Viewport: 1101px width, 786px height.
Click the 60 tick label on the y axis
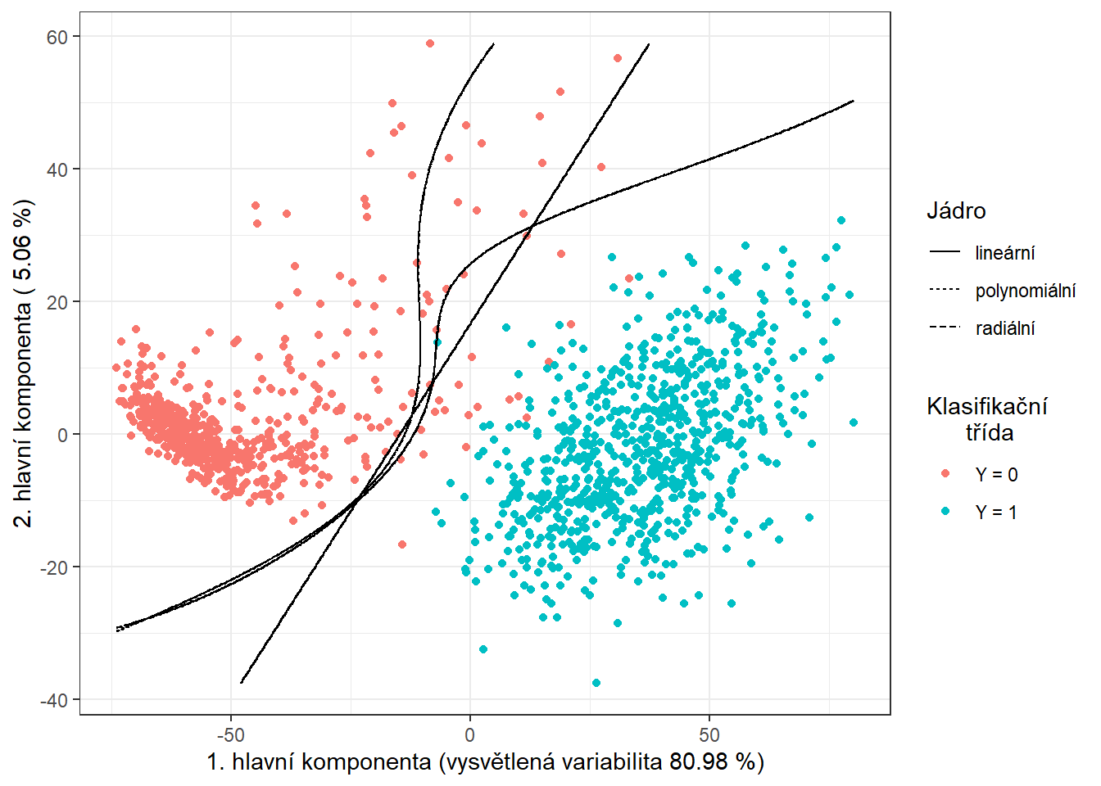(x=57, y=37)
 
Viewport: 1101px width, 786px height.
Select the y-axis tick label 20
(x=57, y=302)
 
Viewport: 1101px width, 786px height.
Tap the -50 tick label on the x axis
(x=231, y=734)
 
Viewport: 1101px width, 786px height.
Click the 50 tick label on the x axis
(x=709, y=734)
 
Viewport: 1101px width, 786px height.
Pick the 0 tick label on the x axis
(x=470, y=734)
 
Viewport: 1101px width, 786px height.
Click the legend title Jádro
(x=956, y=211)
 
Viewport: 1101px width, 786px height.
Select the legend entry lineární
(x=1004, y=253)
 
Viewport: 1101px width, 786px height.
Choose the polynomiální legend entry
(x=1025, y=291)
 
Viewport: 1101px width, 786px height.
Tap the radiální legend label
(x=1005, y=328)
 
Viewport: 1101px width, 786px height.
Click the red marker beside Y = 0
(x=945, y=474)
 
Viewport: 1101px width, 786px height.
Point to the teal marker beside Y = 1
(x=945, y=512)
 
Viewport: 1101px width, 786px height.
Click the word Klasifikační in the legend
(x=987, y=406)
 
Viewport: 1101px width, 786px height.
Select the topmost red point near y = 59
(x=430, y=43)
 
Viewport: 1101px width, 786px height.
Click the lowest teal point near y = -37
(x=596, y=683)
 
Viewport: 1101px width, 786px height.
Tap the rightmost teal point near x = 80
(x=854, y=422)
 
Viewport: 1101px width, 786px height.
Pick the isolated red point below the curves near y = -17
(x=402, y=544)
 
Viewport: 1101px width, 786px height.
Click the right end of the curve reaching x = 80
(x=854, y=101)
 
